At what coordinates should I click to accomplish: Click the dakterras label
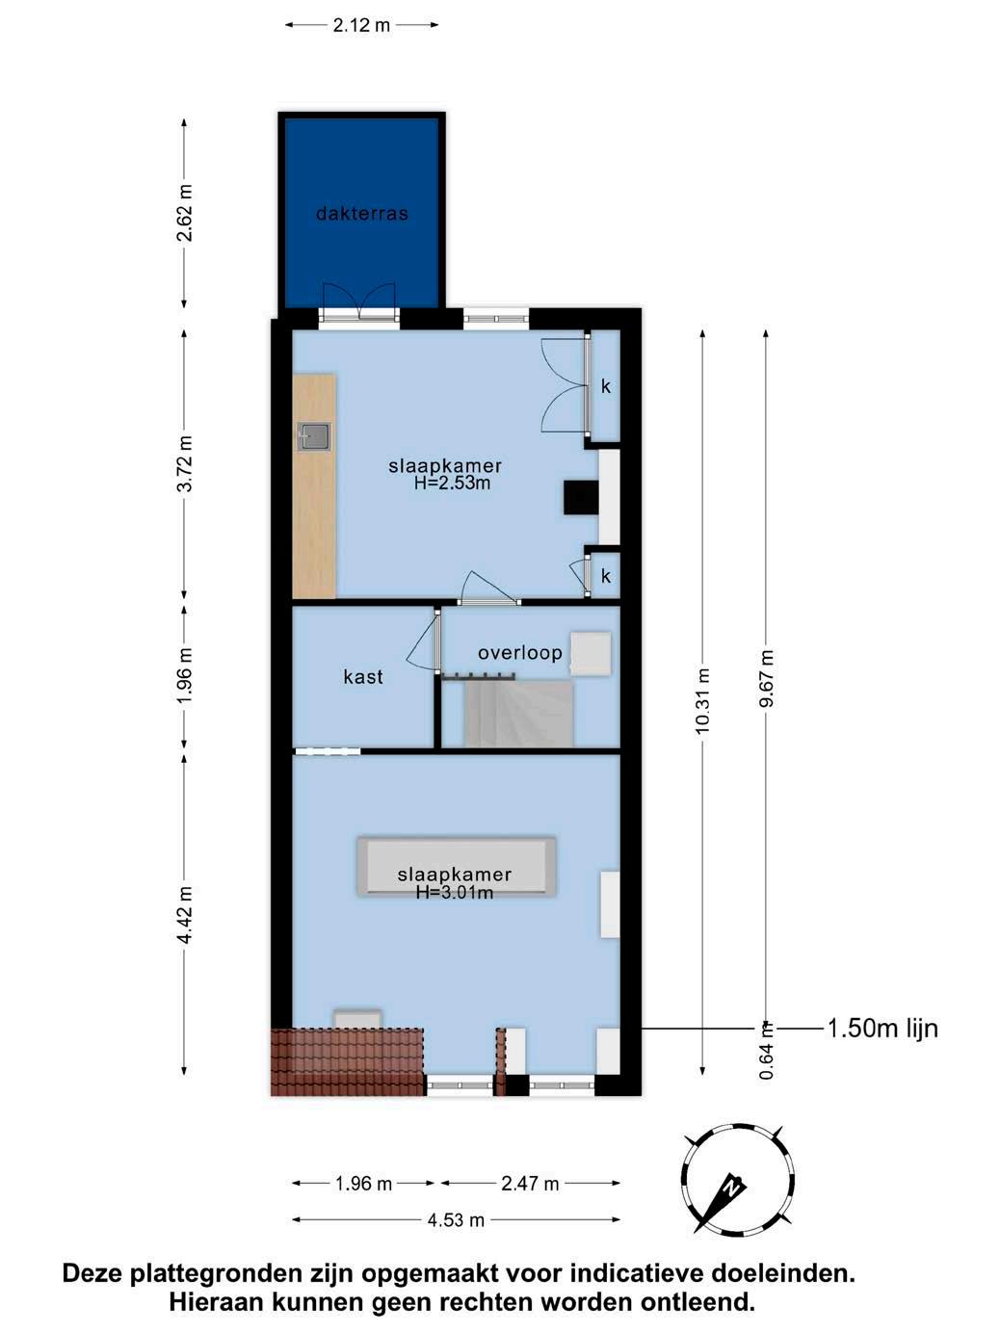[x=362, y=213]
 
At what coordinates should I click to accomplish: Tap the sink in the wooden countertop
[x=314, y=437]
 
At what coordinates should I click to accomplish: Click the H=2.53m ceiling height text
[x=453, y=484]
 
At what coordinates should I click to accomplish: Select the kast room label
[x=363, y=676]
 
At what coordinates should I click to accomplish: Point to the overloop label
[x=519, y=653]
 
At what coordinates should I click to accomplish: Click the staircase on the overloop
[x=518, y=714]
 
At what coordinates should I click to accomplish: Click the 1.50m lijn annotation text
[x=882, y=1028]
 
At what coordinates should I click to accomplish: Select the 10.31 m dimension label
[x=702, y=701]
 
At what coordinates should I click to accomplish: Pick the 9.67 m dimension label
[x=766, y=678]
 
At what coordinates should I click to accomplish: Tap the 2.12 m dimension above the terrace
[x=361, y=25]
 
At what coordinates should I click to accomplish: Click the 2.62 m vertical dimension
[x=184, y=213]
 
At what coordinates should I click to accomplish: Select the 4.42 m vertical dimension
[x=184, y=915]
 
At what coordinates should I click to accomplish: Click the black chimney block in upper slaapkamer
[x=581, y=497]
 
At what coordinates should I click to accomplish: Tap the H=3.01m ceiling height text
[x=455, y=892]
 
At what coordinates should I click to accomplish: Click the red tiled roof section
[x=347, y=1062]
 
